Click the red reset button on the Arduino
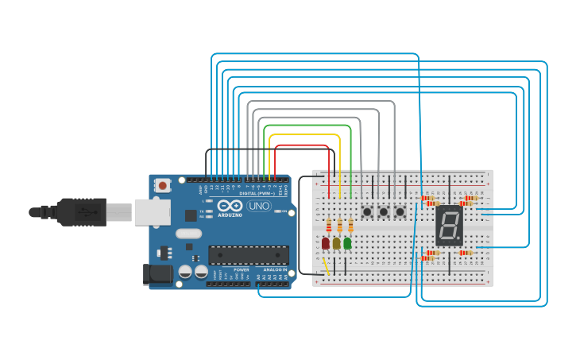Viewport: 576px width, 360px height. [x=163, y=185]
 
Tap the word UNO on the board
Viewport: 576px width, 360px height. [x=258, y=206]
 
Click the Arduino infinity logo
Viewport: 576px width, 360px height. [x=230, y=205]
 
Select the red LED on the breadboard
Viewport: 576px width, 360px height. [x=326, y=242]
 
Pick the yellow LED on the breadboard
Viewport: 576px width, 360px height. [x=337, y=242]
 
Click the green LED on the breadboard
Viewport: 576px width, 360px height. [x=347, y=242]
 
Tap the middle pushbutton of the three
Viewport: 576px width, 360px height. [x=384, y=211]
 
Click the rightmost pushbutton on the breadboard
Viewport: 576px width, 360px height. [x=400, y=211]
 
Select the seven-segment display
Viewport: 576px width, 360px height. [x=449, y=225]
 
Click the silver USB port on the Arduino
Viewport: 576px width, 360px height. [x=151, y=212]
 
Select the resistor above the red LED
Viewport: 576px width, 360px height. [x=328, y=226]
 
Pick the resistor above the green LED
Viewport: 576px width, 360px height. [x=350, y=226]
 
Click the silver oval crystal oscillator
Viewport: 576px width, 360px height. [x=189, y=234]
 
